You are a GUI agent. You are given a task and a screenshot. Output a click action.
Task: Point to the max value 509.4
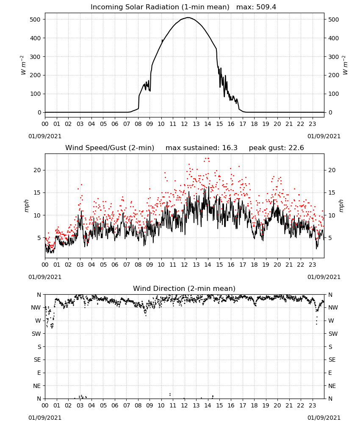click(x=266, y=7)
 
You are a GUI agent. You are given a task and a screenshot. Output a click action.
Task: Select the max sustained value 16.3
click(x=230, y=148)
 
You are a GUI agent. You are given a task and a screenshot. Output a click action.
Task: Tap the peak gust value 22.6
click(x=296, y=148)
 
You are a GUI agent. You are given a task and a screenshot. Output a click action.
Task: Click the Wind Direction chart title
click(x=184, y=288)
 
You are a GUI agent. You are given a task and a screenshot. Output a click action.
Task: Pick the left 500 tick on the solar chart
click(x=36, y=20)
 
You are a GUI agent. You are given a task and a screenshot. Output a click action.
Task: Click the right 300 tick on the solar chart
click(x=334, y=57)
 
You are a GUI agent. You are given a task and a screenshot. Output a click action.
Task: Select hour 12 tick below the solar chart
click(x=185, y=124)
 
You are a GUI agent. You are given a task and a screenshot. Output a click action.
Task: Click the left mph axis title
click(x=26, y=206)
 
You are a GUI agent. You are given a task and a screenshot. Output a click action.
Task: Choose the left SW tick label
click(x=36, y=334)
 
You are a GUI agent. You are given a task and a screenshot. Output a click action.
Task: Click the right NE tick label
click(x=332, y=386)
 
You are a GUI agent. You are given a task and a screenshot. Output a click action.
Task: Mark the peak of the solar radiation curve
click(x=188, y=17)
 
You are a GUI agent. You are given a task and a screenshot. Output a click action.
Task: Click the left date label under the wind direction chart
click(x=45, y=418)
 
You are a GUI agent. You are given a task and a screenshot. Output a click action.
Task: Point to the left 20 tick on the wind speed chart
click(x=37, y=170)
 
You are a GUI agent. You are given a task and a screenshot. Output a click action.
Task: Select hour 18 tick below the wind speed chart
click(x=254, y=265)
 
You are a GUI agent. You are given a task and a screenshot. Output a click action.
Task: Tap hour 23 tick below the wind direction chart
click(x=312, y=405)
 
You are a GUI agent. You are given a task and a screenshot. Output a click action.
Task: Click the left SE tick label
click(x=37, y=360)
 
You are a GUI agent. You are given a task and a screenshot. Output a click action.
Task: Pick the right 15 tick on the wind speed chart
click(x=332, y=192)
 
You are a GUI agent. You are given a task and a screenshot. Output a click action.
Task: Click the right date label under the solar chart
click(x=324, y=136)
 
